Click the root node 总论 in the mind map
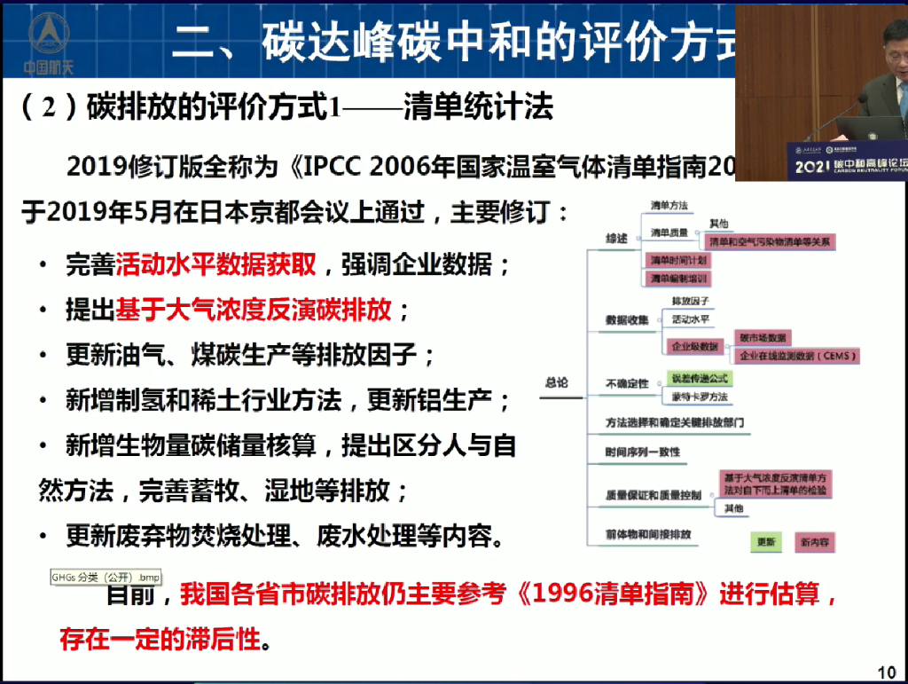click(557, 382)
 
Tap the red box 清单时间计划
click(678, 260)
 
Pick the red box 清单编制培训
click(678, 279)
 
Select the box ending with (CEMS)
click(796, 356)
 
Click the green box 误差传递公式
click(700, 377)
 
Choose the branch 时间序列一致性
click(642, 452)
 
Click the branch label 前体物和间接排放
click(648, 535)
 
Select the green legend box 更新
click(765, 541)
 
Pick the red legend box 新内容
click(814, 541)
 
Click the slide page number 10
click(887, 671)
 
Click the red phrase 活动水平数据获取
click(216, 264)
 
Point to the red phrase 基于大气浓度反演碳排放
click(254, 310)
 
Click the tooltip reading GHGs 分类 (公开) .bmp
click(105, 578)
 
